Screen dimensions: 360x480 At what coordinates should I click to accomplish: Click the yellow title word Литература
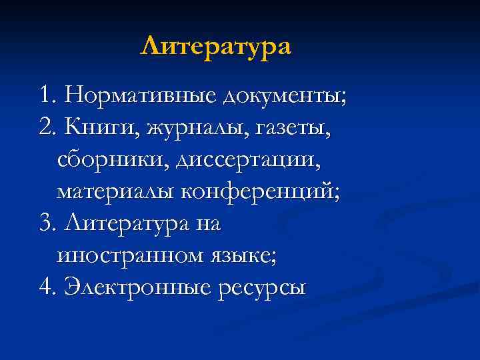pyautogui.click(x=216, y=47)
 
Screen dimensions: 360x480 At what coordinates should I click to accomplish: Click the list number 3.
pyautogui.click(x=47, y=225)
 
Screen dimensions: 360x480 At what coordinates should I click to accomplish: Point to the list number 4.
pyautogui.click(x=47, y=289)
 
